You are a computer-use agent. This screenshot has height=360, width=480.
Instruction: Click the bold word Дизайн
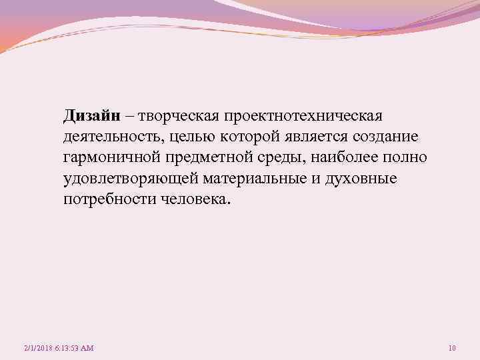tap(92, 116)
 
